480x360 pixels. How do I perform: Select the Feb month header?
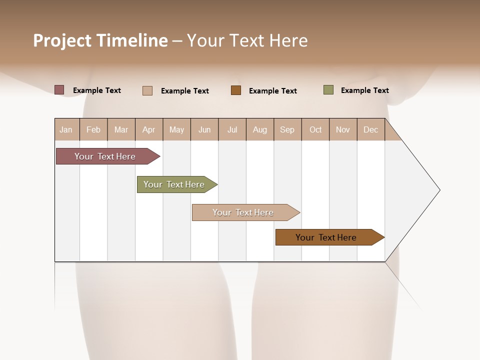click(x=93, y=129)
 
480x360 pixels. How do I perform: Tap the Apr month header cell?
click(x=149, y=129)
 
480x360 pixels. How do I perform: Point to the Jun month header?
click(x=204, y=129)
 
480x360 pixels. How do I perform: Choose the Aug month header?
click(x=260, y=129)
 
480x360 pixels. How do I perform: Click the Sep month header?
click(x=287, y=129)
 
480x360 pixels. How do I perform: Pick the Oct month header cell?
click(x=315, y=129)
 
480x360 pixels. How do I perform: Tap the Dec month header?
click(x=371, y=129)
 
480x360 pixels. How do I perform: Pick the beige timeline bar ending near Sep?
click(x=244, y=212)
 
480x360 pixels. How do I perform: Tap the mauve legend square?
click(x=59, y=90)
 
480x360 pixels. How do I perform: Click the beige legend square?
click(x=147, y=90)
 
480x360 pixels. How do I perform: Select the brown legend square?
click(x=236, y=90)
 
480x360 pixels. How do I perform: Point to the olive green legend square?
click(x=328, y=90)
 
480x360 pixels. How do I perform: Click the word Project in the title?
click(x=62, y=40)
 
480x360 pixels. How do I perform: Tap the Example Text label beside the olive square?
click(x=364, y=90)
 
